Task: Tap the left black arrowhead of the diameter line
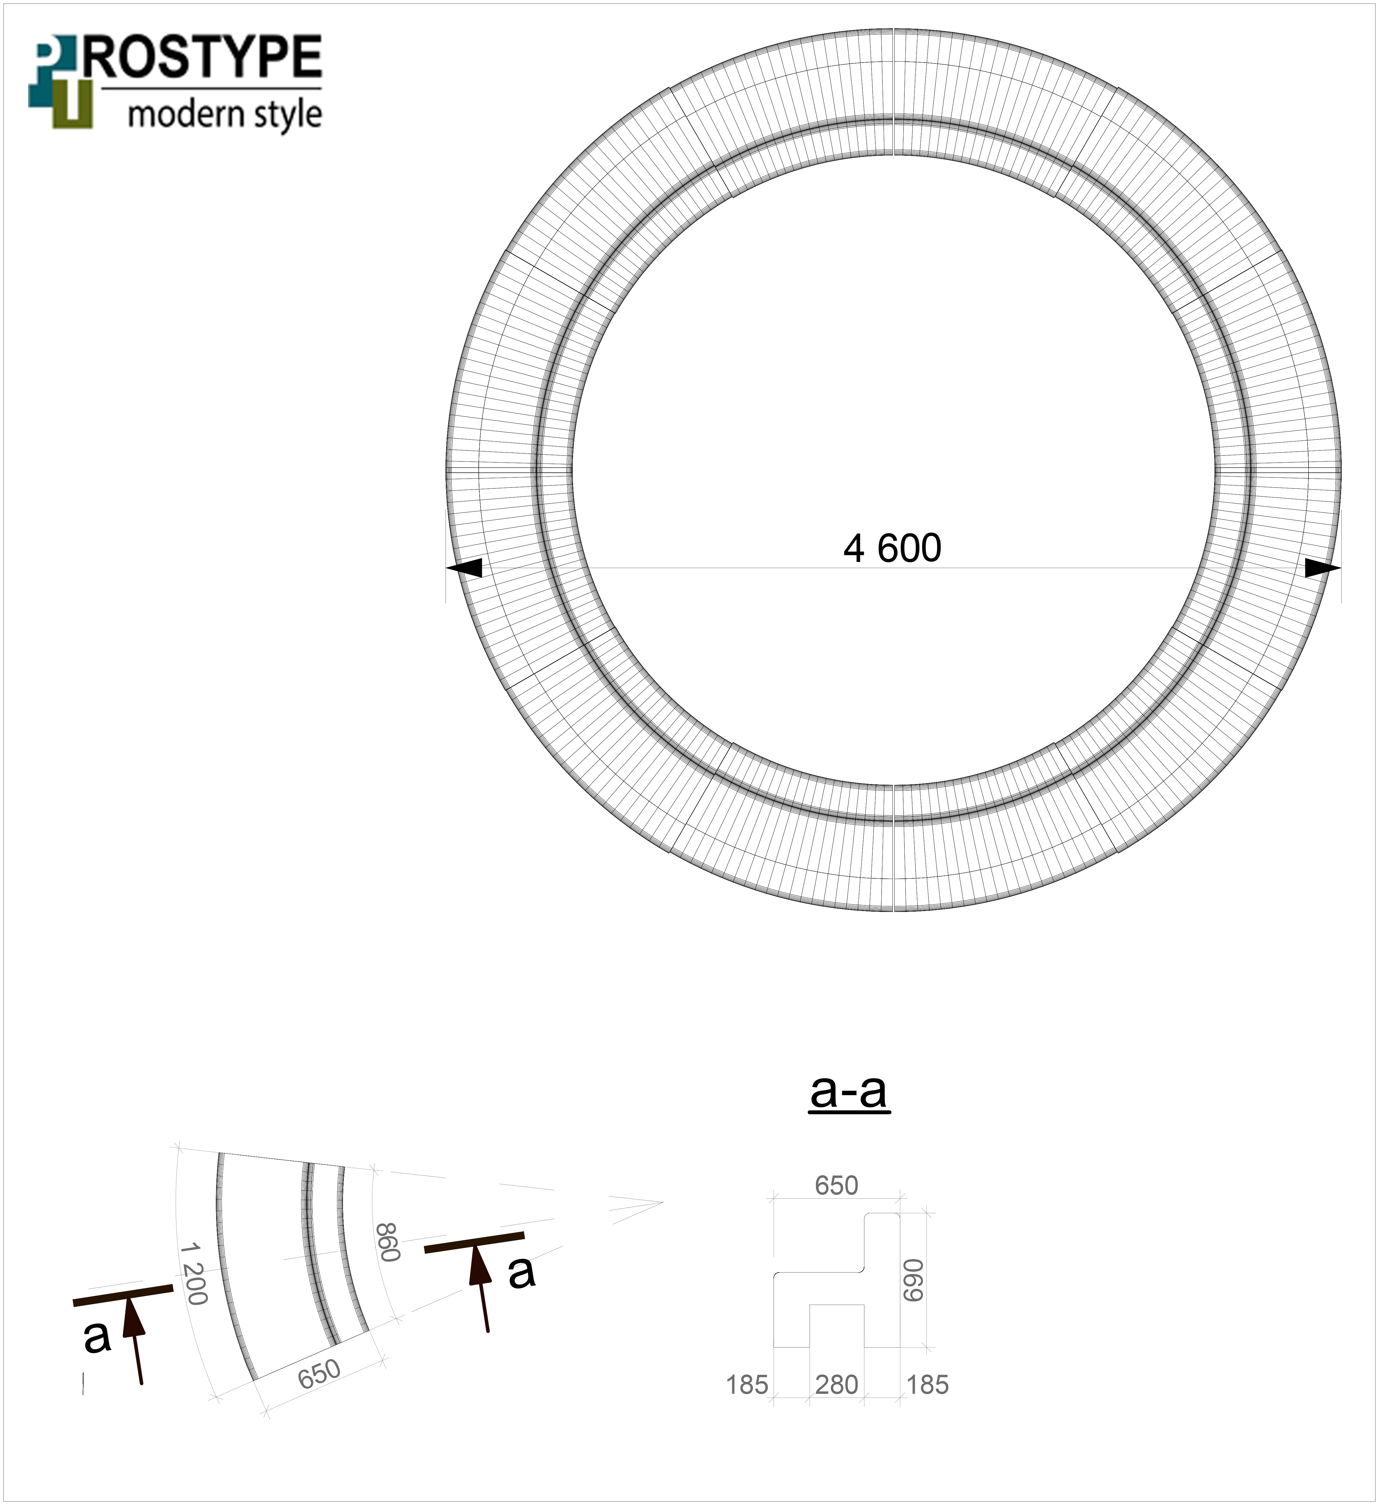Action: [x=464, y=568]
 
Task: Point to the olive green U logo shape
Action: [x=73, y=104]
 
